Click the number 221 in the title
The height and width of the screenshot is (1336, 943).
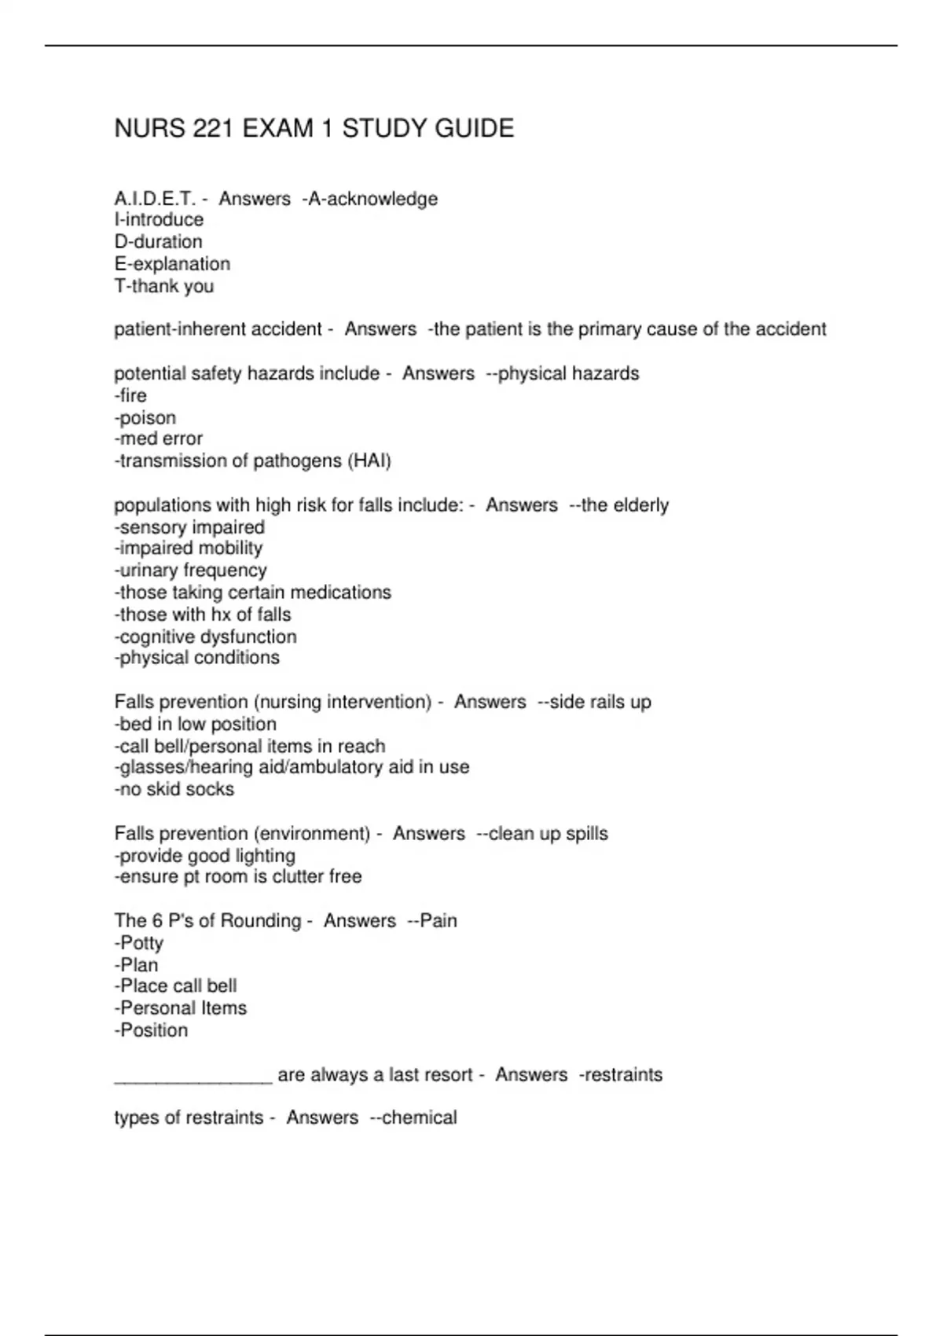coord(212,128)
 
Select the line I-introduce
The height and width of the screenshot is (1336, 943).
coord(159,220)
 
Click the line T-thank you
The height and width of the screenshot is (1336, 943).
coord(164,286)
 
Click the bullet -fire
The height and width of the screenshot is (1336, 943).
coord(130,395)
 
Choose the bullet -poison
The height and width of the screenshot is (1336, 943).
coord(145,417)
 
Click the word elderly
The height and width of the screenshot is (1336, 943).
coord(640,505)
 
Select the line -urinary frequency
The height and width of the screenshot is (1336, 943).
coord(191,571)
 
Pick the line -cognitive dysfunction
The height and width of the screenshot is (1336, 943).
coord(206,637)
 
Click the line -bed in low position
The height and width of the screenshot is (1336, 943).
coord(196,724)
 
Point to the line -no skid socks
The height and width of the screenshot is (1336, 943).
coord(174,789)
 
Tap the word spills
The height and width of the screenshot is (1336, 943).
coord(587,833)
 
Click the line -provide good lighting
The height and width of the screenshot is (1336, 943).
coord(205,855)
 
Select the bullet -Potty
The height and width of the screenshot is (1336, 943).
coord(139,943)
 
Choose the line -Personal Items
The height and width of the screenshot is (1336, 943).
coord(181,1008)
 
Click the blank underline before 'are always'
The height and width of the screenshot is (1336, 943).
coord(193,1076)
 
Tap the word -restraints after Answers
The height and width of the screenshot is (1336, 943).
coord(621,1074)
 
